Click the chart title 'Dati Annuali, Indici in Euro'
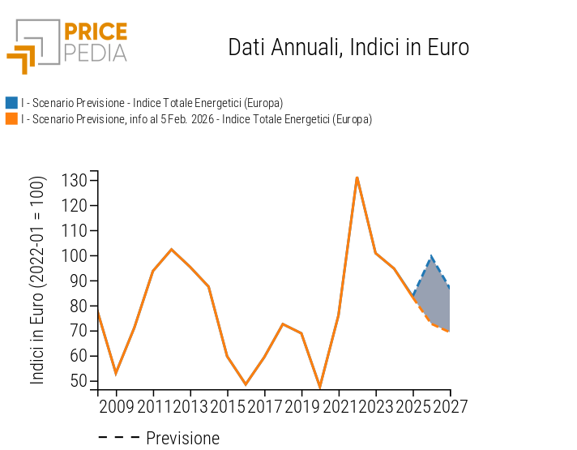point(348,47)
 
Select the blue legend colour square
point(11,103)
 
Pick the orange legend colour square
point(11,119)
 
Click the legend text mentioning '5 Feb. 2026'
point(196,119)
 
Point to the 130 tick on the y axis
point(75,180)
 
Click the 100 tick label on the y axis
point(75,255)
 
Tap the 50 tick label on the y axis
point(79,381)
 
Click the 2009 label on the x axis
point(116,405)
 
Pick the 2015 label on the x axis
point(227,405)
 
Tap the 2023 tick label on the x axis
point(375,405)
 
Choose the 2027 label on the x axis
point(449,405)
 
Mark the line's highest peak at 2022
point(357,178)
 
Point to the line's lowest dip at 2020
point(320,388)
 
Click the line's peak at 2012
point(171,250)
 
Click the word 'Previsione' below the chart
point(182,439)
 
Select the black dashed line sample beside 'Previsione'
point(118,439)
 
